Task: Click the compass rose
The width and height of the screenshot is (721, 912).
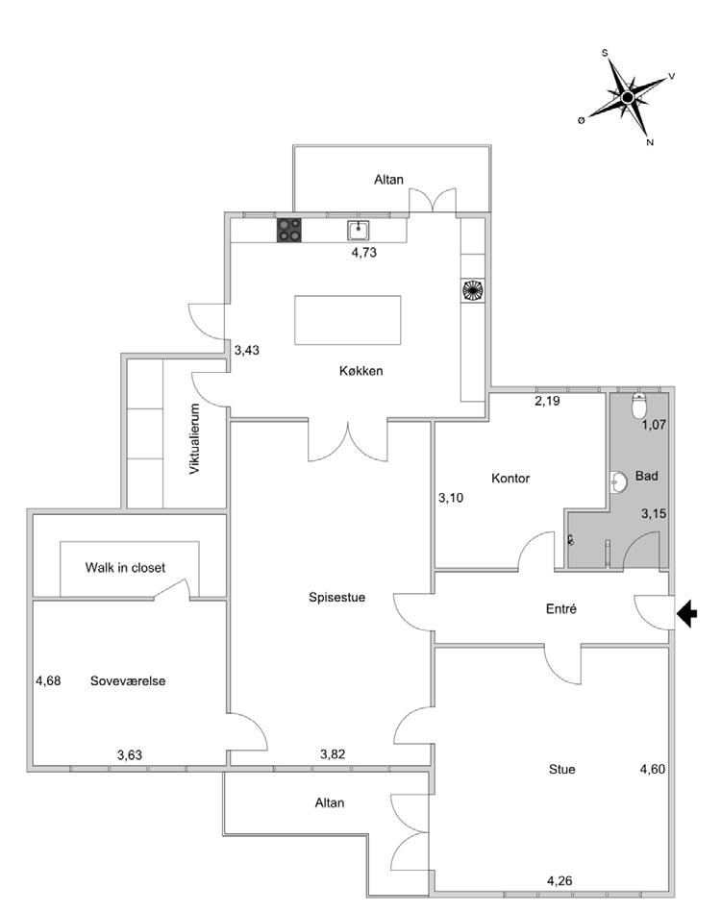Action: click(x=627, y=97)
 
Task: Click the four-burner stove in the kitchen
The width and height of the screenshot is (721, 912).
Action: click(x=289, y=230)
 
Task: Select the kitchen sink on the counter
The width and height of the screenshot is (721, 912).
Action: click(x=359, y=230)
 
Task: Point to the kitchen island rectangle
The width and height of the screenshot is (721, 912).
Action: click(x=347, y=321)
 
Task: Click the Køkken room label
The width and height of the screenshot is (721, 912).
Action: click(x=361, y=371)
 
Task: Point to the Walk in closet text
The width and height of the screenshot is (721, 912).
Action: click(x=125, y=568)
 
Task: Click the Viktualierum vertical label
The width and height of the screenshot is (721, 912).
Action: click(x=194, y=439)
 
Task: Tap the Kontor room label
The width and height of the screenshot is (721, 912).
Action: click(x=510, y=478)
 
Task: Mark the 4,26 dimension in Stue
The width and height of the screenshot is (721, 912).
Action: click(x=561, y=879)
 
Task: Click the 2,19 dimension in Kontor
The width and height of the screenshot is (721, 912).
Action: click(x=548, y=400)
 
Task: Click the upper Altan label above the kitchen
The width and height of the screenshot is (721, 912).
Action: click(x=389, y=180)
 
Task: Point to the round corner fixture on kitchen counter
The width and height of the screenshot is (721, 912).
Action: click(x=472, y=289)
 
